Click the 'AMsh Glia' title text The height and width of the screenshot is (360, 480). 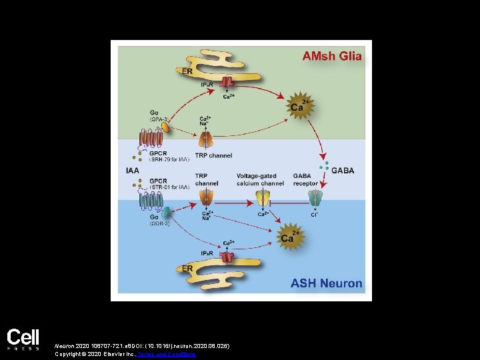coord(331,56)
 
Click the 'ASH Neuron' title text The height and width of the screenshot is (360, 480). coord(326,283)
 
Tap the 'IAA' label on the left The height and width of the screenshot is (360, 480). coord(133,170)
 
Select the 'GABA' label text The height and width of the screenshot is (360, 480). coord(343,170)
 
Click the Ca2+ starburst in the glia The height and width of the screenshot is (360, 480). coord(298,106)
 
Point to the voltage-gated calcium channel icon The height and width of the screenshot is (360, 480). coord(263,199)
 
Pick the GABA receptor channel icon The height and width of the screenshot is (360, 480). coord(314,199)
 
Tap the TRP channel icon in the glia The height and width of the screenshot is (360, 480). coord(206,139)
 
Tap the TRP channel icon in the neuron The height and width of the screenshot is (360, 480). coord(206,198)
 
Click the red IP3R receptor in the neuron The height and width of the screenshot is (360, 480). coord(227,257)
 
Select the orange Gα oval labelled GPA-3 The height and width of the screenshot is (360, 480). coord(164,127)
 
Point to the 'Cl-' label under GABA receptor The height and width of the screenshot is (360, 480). coord(313,214)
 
